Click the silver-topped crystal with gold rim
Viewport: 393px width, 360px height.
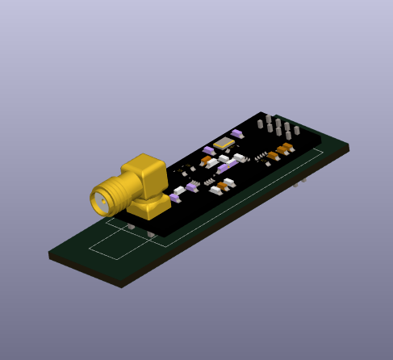pos(224,144)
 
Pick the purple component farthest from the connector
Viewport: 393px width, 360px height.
pos(236,133)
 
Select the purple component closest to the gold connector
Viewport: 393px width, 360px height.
pos(175,197)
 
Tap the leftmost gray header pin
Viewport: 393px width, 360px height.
pos(260,124)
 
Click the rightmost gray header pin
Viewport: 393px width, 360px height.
pos(296,130)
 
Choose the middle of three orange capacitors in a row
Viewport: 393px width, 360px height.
pos(281,150)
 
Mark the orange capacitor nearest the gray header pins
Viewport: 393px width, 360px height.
pos(287,147)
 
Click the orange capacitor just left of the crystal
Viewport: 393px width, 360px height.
pos(207,160)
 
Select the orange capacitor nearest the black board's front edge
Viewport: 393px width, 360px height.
pos(223,186)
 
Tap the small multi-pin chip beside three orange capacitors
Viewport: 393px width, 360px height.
pos(261,155)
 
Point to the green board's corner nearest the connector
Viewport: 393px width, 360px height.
pos(50,253)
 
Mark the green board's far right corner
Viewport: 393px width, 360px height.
pos(349,145)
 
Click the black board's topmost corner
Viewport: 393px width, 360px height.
pos(261,112)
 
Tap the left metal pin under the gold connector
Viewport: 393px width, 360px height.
pos(131,227)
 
